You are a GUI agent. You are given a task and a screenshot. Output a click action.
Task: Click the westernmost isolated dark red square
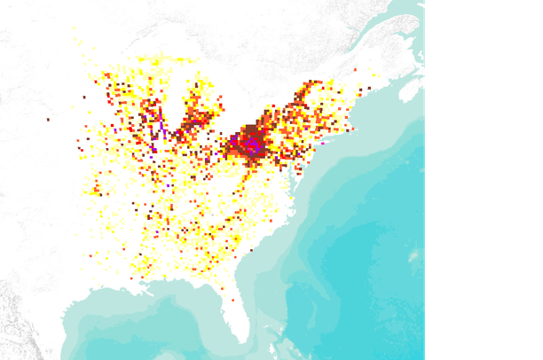[x=48, y=118]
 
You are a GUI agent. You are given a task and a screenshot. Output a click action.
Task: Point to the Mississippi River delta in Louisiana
[x=142, y=292]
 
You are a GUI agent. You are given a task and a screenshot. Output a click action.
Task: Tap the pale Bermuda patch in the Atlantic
[x=413, y=256]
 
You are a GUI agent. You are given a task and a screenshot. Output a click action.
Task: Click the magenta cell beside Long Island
[x=323, y=143]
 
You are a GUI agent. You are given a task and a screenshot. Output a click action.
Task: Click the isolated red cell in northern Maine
[x=356, y=68]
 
